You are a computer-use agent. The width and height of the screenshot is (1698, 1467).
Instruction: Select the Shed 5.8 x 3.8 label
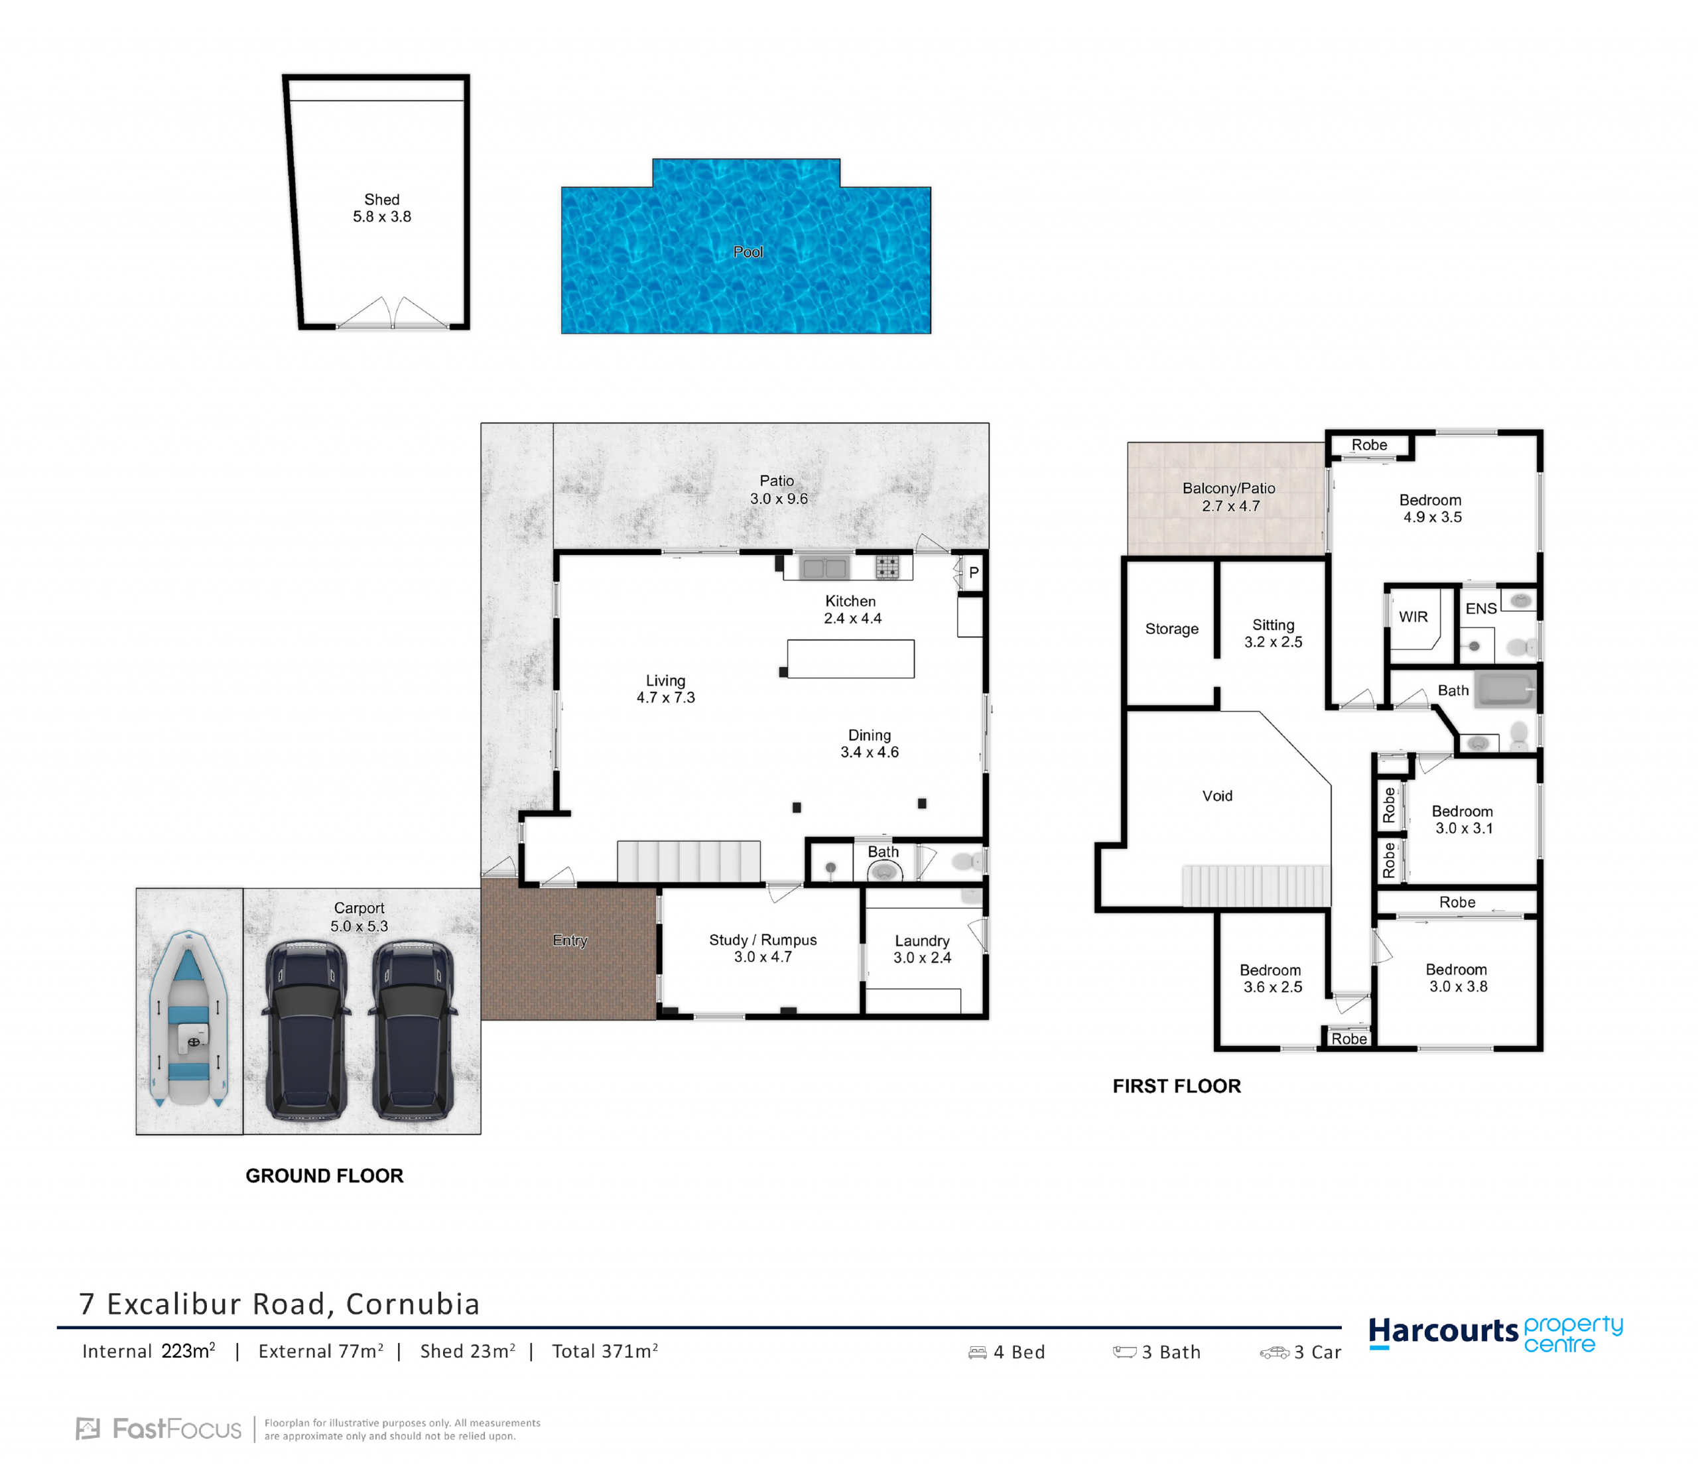(382, 208)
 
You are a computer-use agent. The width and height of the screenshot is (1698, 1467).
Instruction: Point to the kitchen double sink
(824, 568)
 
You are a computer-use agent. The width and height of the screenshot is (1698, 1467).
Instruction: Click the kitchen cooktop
(887, 566)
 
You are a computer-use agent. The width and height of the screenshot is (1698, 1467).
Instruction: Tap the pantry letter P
(974, 573)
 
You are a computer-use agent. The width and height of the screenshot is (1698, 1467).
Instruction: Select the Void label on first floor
(1217, 796)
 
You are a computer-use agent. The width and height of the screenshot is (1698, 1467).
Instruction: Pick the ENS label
(1481, 609)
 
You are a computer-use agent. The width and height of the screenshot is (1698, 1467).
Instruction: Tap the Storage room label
(1172, 629)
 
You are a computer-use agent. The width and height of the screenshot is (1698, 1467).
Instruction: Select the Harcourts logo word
(1443, 1332)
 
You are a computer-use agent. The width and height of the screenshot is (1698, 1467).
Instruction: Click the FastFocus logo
(159, 1429)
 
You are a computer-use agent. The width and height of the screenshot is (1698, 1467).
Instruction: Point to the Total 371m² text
(605, 1352)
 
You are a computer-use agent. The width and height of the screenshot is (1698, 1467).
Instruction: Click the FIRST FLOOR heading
(1177, 1086)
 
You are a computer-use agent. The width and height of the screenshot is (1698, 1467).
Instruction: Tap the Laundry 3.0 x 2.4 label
(922, 949)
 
